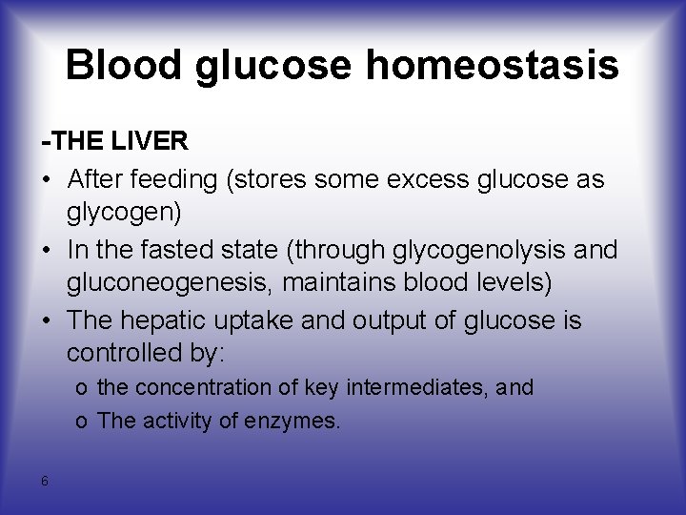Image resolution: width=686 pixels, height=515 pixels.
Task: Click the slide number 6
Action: pos(45,481)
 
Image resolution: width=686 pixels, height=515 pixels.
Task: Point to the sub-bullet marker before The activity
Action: pos(84,421)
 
